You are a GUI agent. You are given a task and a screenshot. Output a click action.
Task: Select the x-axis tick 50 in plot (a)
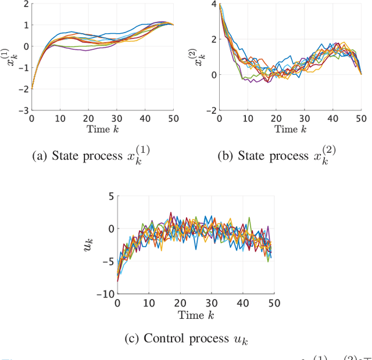(173, 118)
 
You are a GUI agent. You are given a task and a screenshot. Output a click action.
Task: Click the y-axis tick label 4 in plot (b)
(213, 5)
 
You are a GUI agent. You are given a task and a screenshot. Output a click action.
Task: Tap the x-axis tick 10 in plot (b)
(248, 118)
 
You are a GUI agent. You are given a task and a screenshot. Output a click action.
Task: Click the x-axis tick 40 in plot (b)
(332, 118)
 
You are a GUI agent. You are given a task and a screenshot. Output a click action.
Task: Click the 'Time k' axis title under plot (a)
(102, 128)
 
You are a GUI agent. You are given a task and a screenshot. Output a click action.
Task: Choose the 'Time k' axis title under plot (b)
(290, 128)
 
